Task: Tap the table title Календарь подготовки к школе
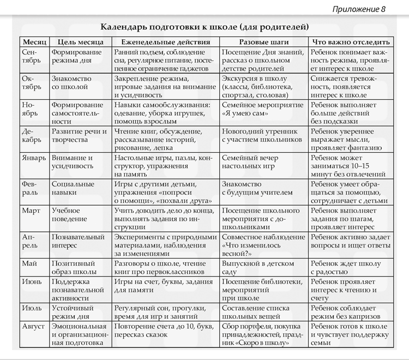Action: pos(204,26)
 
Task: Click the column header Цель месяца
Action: pos(80,42)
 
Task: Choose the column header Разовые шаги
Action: pos(264,42)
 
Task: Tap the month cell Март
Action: pos(32,210)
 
